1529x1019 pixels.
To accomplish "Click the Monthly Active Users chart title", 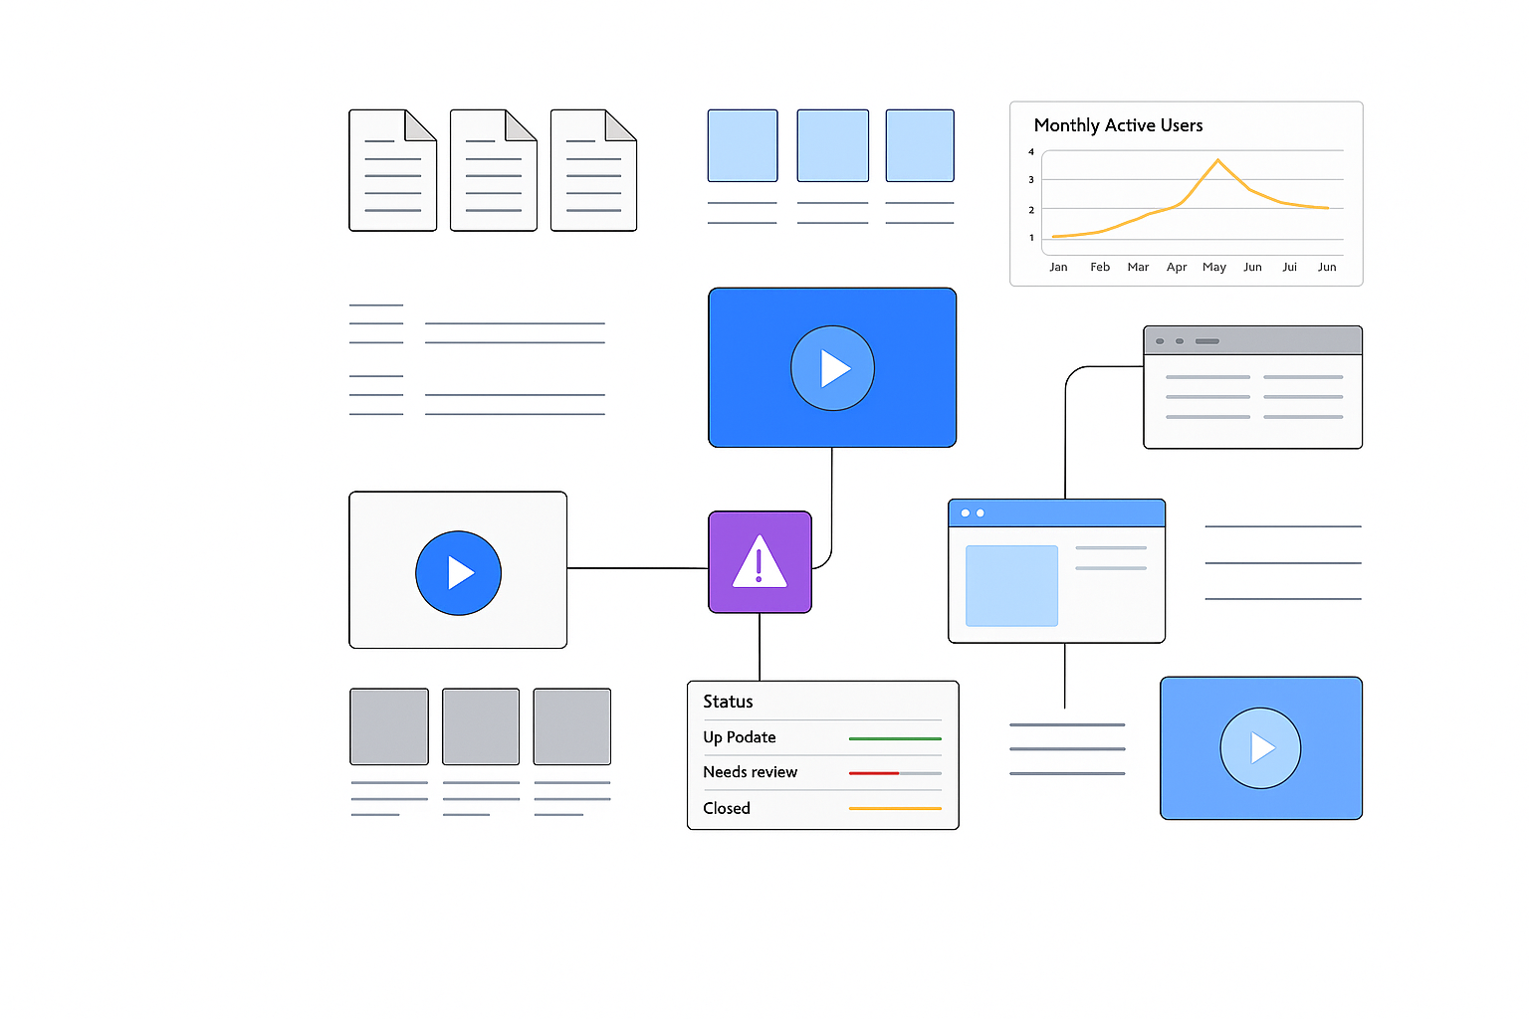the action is pos(1118,125).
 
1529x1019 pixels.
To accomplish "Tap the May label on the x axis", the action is pos(1213,267).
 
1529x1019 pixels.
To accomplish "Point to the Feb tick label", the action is pos(1100,266).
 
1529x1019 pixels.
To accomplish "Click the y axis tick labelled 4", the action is pos(1030,151).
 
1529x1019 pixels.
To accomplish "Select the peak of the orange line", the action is pos(1217,159).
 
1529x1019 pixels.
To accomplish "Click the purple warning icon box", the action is pos(760,561).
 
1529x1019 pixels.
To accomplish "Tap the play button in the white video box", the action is pos(458,572).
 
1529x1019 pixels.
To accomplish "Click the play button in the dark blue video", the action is pos(832,368).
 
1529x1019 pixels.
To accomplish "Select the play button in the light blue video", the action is pos(1260,748).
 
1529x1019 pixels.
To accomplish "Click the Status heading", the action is pos(728,702).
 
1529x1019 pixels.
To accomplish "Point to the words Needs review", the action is pos(750,772).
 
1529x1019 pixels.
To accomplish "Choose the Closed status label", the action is pos(727,808).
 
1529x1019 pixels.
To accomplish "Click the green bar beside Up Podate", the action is pos(895,738).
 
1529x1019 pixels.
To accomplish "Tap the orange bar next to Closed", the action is pos(895,808).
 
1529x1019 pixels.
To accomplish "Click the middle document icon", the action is pos(494,170).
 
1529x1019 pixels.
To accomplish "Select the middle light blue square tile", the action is pos(833,145).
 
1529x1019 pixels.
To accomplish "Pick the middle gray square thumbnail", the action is pos(481,726).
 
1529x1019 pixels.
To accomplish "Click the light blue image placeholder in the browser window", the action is pos(1011,585).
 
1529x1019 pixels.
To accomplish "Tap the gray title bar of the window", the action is pos(1252,340).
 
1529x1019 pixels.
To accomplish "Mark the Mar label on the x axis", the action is pos(1138,267).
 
